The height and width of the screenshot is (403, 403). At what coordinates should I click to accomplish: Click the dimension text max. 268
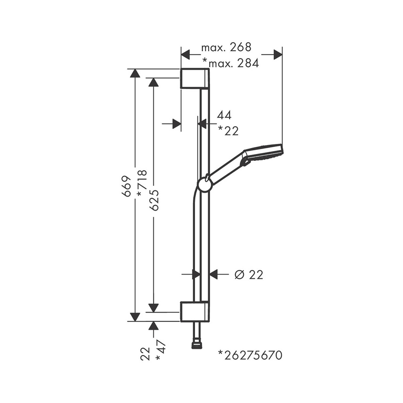click(226, 48)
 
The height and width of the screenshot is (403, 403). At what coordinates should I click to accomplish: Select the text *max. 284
click(230, 63)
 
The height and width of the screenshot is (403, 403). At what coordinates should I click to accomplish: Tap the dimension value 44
click(224, 115)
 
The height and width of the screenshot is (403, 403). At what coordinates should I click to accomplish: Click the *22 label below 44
click(228, 130)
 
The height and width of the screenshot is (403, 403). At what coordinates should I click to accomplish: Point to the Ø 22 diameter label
click(248, 275)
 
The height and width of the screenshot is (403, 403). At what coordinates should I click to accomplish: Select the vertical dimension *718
click(141, 183)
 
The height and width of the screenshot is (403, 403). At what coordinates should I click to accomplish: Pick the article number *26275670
click(250, 355)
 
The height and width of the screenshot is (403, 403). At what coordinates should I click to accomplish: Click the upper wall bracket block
click(194, 78)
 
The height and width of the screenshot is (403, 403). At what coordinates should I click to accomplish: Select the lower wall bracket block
click(194, 311)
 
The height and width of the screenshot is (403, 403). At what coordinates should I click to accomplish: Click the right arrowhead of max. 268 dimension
click(278, 54)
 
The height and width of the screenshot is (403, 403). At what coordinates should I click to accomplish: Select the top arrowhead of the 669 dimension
click(135, 73)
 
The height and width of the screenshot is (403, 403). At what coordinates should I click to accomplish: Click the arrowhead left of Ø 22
click(196, 274)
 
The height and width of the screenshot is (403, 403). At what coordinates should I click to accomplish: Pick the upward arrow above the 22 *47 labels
click(153, 326)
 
